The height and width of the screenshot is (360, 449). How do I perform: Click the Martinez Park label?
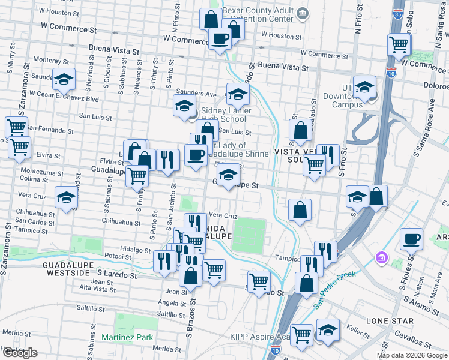click(127, 337)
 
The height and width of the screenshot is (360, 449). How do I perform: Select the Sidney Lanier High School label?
click(224, 115)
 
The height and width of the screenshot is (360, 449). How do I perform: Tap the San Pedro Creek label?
click(335, 290)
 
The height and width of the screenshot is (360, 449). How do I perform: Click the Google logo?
click(20, 353)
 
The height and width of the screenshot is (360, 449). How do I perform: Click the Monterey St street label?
click(52, 60)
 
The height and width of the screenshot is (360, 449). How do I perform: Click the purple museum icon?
click(380, 258)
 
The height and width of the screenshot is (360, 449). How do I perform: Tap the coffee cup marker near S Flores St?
click(412, 239)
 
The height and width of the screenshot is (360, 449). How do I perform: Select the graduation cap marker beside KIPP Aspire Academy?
click(328, 331)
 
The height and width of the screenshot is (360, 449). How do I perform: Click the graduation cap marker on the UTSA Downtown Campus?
click(364, 88)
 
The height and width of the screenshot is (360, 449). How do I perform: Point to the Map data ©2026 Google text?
click(412, 355)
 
